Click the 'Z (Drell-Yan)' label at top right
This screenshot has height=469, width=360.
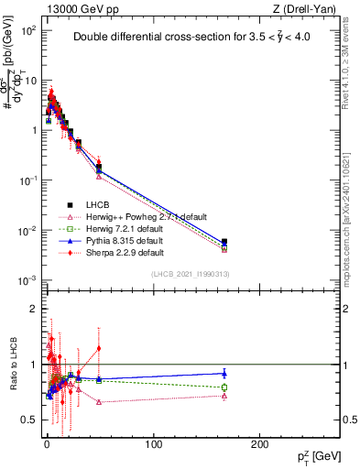point(308,8)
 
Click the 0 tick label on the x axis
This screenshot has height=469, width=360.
point(47,446)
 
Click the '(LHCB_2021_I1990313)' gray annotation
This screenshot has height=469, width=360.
point(191,274)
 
